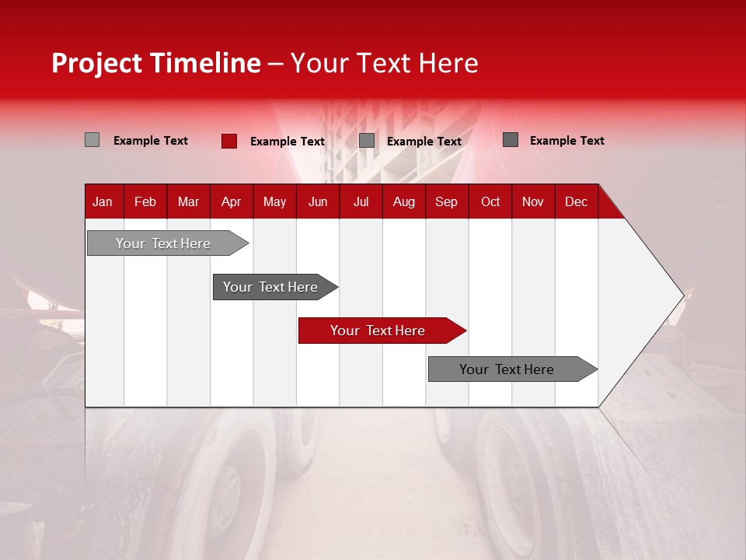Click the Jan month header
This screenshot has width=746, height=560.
103,201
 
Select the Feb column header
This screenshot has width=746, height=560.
145,201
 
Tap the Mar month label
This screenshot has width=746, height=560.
188,201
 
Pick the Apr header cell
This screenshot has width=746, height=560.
231,201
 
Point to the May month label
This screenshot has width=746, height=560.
274,201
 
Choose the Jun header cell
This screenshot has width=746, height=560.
318,201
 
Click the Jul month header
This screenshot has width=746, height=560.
361,201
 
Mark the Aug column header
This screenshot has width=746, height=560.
404,201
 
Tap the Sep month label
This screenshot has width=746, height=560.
446,201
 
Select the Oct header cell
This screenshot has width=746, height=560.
490,201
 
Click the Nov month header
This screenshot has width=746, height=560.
533,201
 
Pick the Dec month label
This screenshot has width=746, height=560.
576,201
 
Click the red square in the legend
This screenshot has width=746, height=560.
228,141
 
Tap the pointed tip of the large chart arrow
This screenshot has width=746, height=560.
682,295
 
